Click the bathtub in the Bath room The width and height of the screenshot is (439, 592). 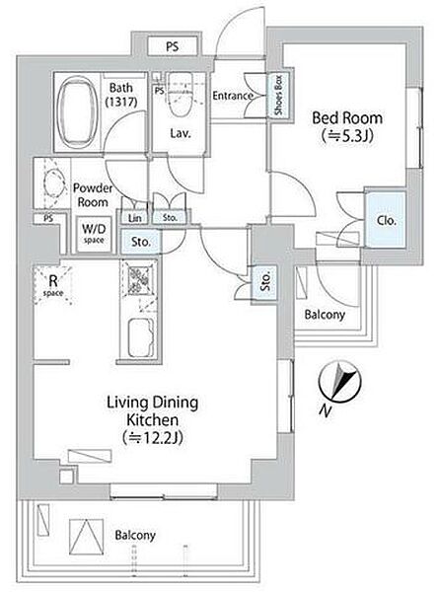(77, 112)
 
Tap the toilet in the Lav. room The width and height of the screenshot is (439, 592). (180, 95)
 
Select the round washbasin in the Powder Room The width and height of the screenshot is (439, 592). (51, 184)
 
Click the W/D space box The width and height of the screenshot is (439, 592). (95, 235)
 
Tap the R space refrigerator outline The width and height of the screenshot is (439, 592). (53, 285)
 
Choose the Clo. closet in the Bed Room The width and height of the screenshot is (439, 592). (386, 220)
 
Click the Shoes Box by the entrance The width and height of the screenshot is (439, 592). (279, 95)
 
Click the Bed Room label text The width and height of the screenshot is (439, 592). (347, 118)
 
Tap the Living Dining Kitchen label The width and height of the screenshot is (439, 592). (152, 410)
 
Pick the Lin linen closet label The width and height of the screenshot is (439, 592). (135, 218)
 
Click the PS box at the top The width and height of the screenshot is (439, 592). (172, 46)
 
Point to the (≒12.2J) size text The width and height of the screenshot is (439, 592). (152, 437)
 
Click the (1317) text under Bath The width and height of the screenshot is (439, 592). (121, 102)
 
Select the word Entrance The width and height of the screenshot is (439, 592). (232, 96)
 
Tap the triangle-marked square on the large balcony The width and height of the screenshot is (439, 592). (87, 537)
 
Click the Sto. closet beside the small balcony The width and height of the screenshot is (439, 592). (265, 281)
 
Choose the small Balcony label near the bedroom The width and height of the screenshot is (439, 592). (325, 314)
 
